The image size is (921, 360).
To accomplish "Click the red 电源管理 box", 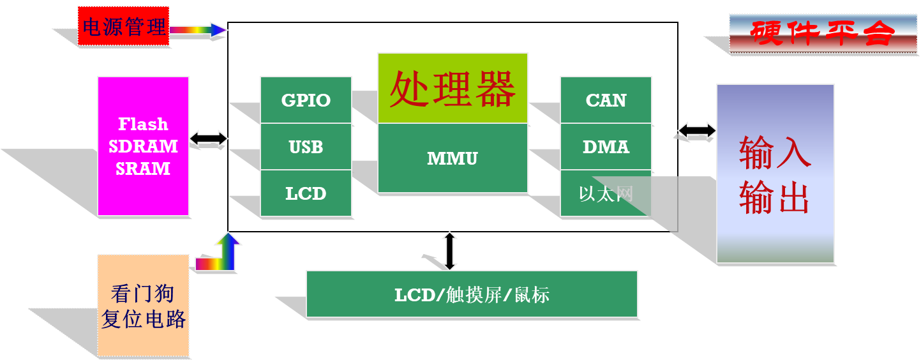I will [x=124, y=26].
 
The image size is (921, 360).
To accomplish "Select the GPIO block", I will [x=306, y=100].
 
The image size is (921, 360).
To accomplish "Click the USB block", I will [x=306, y=147].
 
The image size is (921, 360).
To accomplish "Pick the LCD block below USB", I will [x=306, y=193].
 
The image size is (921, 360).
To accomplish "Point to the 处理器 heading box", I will [x=453, y=88].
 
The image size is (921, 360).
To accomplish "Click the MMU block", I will [x=453, y=158].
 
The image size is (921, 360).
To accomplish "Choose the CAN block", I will [x=606, y=100].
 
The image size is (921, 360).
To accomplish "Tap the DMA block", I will [x=606, y=147].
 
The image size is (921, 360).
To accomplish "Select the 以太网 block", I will [x=606, y=193].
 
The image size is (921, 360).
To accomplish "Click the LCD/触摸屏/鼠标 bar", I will [x=472, y=294].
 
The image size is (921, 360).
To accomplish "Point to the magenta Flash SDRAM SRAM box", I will [x=143, y=146].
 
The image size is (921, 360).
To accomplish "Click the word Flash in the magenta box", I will [x=143, y=124].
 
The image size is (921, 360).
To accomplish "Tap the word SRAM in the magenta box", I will [x=143, y=169].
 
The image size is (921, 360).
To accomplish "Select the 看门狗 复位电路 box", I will [x=143, y=306].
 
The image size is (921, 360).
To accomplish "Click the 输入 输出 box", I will [x=775, y=174].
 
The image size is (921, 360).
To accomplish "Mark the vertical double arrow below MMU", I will [x=450, y=250].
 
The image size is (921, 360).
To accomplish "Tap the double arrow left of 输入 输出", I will [x=697, y=130].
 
